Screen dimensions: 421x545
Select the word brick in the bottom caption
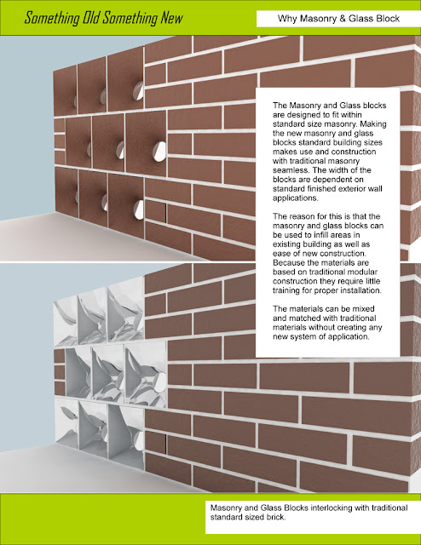coord(276,517)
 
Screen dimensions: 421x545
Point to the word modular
coord(362,272)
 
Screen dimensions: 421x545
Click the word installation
coord(360,290)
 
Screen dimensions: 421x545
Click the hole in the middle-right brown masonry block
coord(159,152)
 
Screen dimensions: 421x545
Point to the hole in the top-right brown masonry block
coord(138,91)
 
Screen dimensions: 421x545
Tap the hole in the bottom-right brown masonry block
coord(138,210)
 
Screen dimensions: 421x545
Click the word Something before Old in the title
coord(52,18)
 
